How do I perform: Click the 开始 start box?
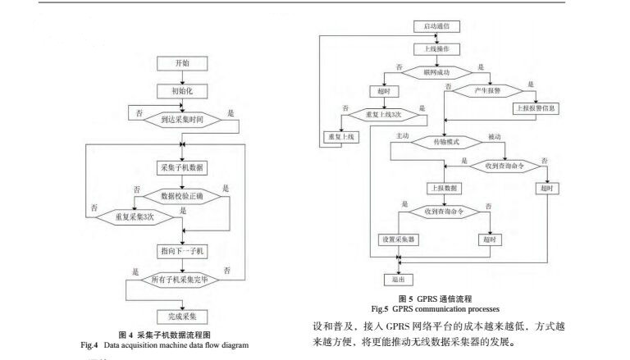pos(180,63)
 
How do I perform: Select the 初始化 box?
pos(180,91)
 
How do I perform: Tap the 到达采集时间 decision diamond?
pos(180,120)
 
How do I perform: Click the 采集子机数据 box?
pos(180,167)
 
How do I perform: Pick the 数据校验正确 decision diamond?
pos(180,196)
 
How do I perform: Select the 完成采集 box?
pos(180,314)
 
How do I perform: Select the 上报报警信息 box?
pos(536,107)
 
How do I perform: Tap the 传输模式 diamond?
pos(445,141)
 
